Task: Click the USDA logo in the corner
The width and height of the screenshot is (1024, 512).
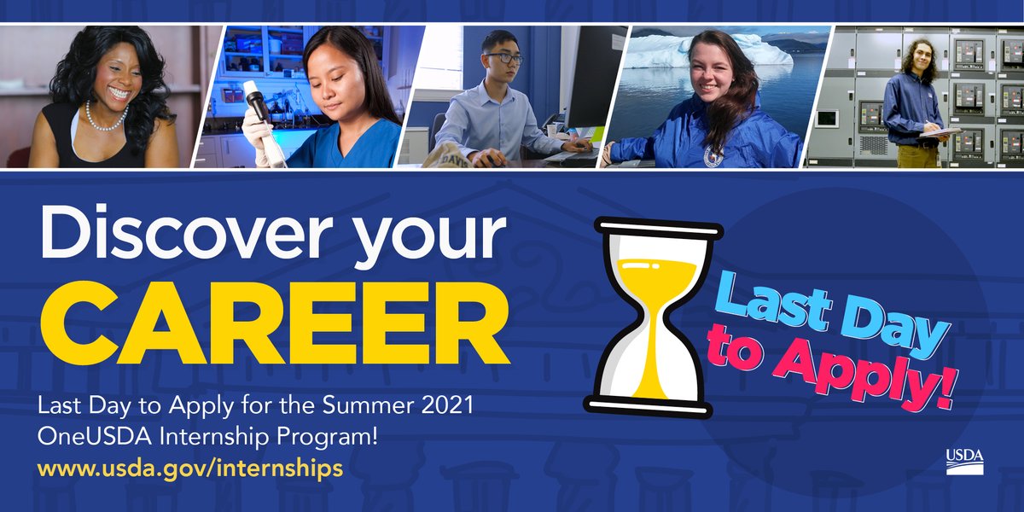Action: coord(964,460)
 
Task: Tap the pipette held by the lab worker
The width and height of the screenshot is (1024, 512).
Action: coord(256,101)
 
